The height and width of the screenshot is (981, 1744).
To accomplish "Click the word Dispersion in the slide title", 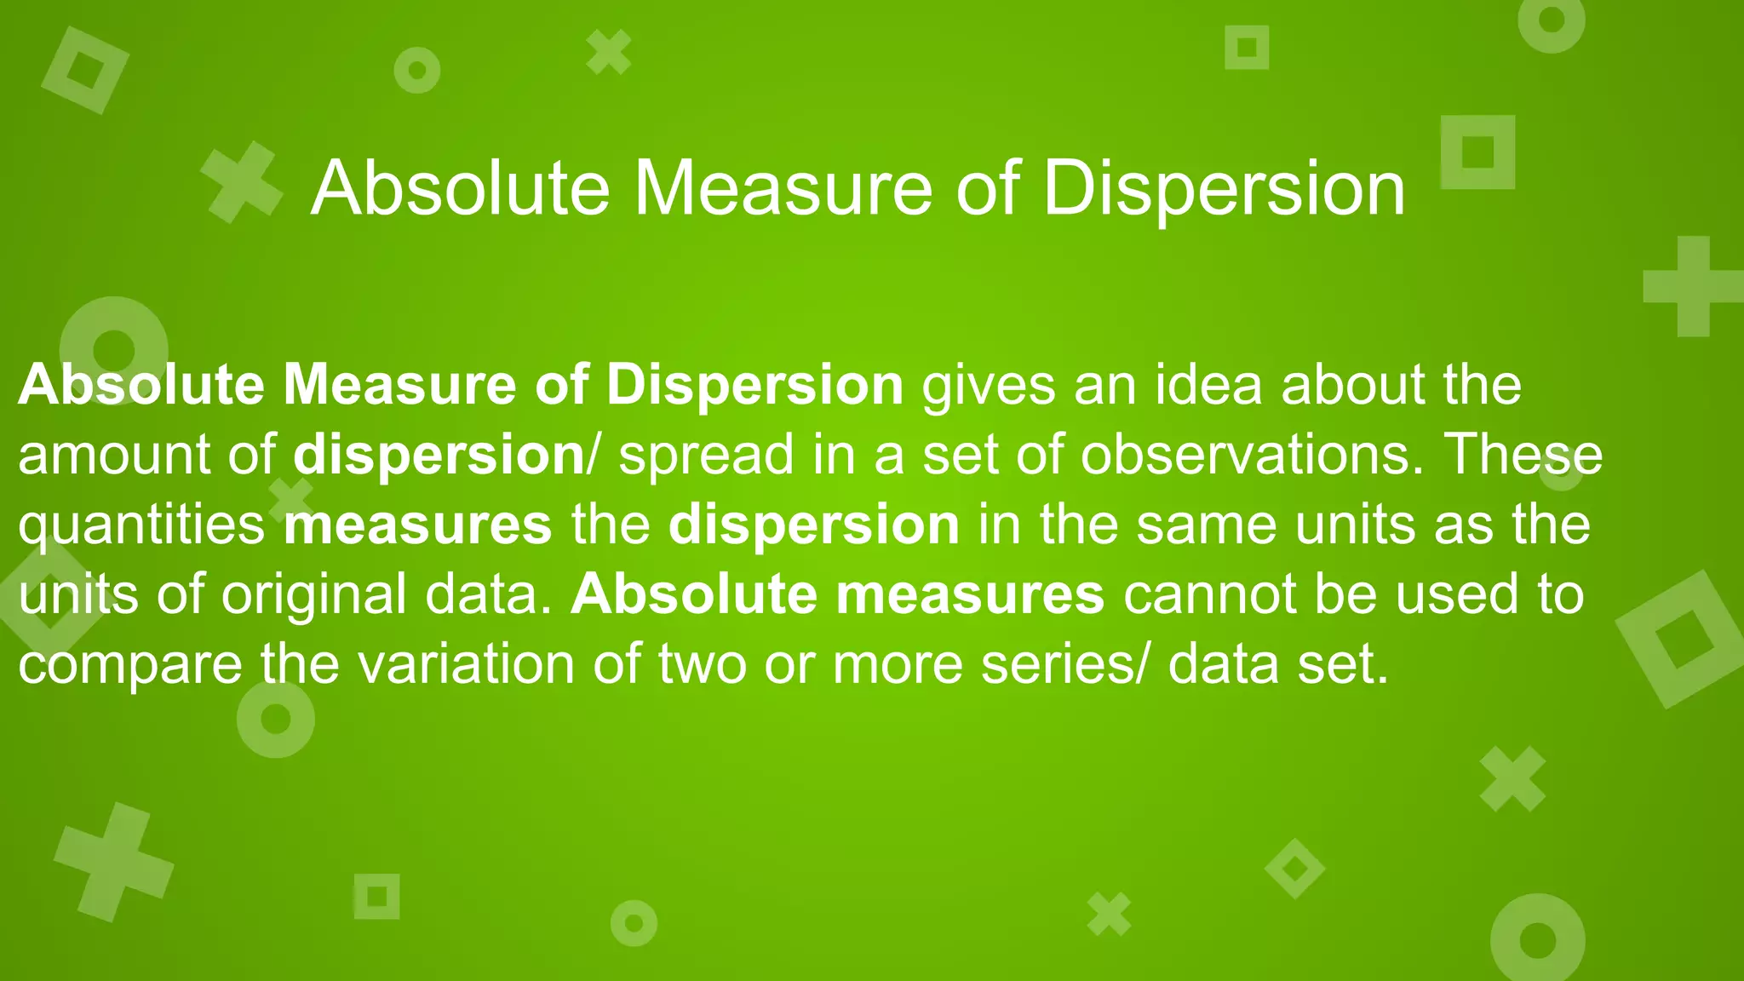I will click(1223, 189).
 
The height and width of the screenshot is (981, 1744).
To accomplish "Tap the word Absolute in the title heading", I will click(461, 189).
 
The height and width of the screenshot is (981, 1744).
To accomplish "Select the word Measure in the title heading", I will click(783, 189).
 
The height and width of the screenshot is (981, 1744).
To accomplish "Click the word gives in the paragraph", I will click(989, 386).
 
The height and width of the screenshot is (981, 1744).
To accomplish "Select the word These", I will click(1524, 454).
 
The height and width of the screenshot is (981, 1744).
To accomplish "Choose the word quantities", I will click(141, 525).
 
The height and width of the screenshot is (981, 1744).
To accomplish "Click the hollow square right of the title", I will click(1477, 152).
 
